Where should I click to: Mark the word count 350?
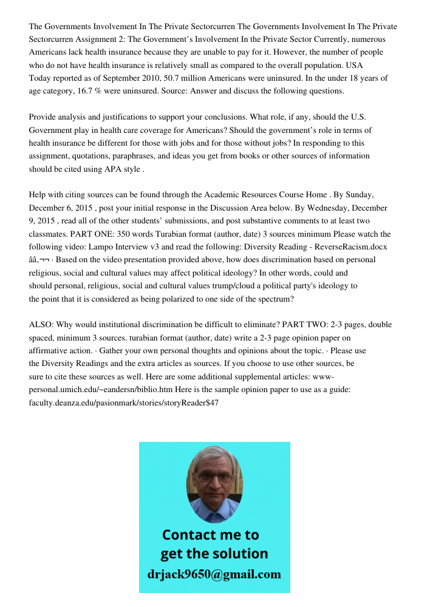point(124,234)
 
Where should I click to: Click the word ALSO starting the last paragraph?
point(41,324)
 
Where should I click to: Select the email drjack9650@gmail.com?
point(214,574)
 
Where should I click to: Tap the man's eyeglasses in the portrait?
point(214,477)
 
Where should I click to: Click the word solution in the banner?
point(239,554)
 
